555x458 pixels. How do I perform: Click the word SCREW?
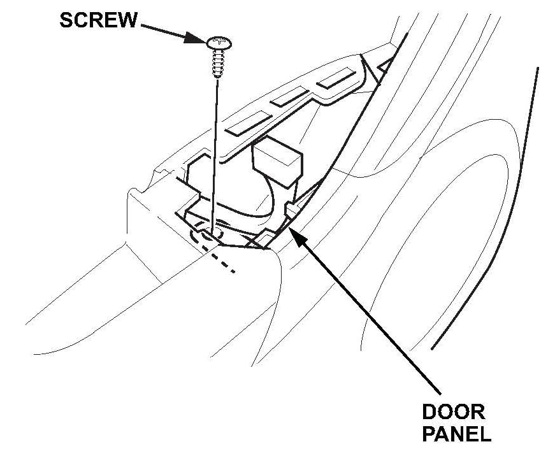pos(98,20)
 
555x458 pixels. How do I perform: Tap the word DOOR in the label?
pos(452,412)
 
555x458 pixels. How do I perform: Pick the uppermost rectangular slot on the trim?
pos(336,77)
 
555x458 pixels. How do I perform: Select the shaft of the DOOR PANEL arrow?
pos(370,312)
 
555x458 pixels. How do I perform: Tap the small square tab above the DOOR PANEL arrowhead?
pos(292,210)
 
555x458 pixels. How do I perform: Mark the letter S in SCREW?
pos(67,20)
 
